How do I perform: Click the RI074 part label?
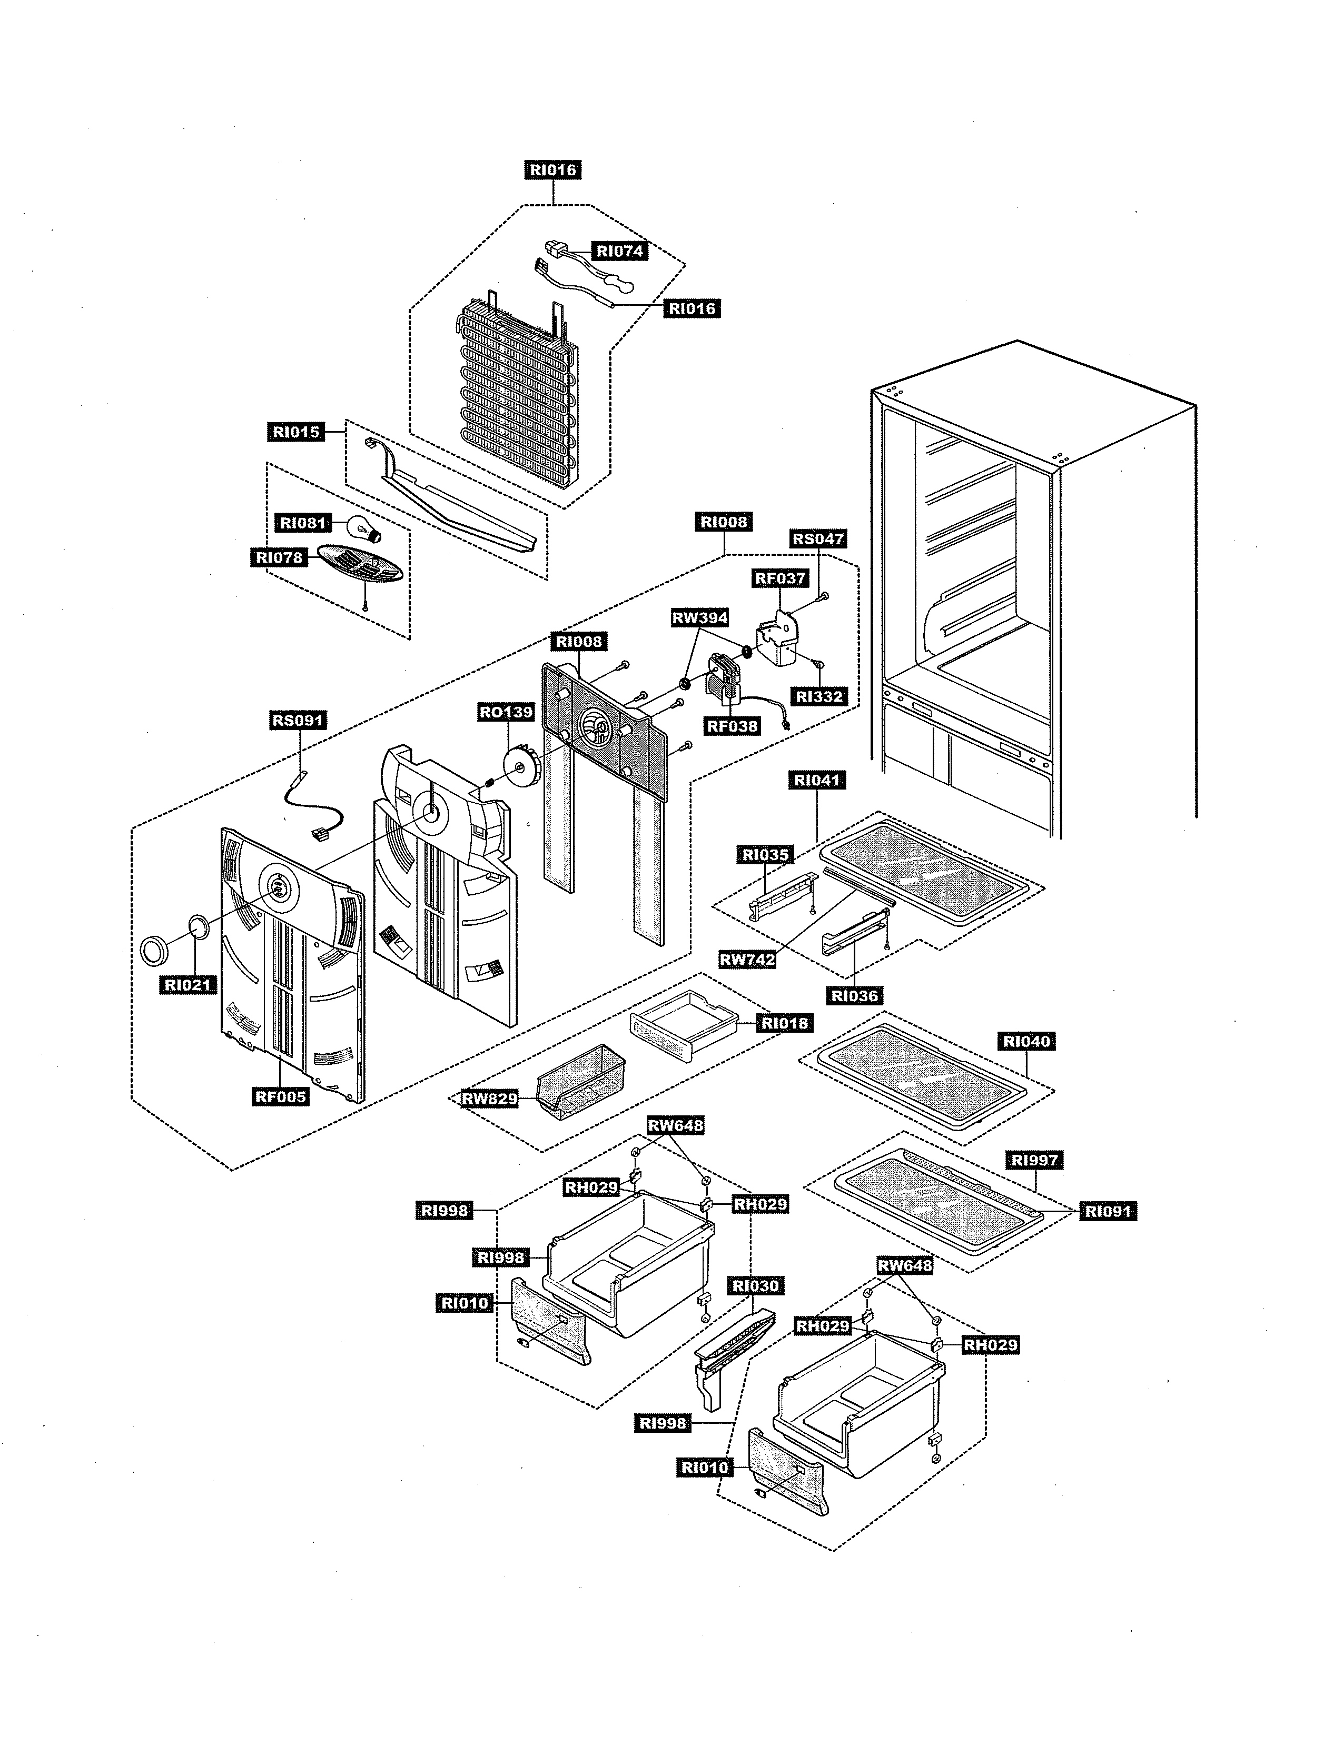coord(620,251)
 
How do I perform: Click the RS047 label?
coord(818,538)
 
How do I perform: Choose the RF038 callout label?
coord(732,725)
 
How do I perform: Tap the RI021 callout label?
coord(188,985)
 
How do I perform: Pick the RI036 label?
coord(854,995)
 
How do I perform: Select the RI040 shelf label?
coord(1026,1041)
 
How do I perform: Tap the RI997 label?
coord(1034,1160)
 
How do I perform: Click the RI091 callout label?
coord(1107,1211)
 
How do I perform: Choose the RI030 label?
coord(756,1286)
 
